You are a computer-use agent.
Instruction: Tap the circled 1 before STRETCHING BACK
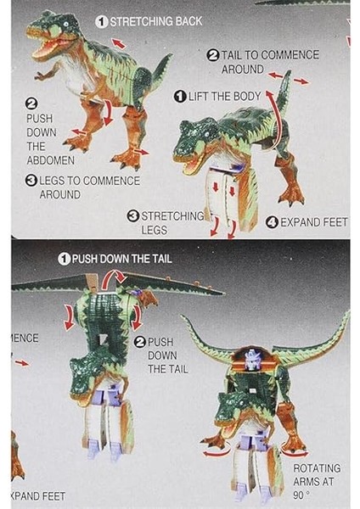(101, 21)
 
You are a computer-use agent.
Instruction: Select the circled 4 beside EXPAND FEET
(271, 222)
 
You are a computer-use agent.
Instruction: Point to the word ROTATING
(317, 468)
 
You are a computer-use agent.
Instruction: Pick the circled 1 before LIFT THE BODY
(180, 96)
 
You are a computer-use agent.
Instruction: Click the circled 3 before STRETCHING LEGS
(133, 216)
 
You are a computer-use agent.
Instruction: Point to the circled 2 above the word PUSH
(32, 103)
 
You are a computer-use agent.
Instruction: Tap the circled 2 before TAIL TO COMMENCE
(213, 55)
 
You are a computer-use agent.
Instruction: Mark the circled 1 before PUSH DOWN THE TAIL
(64, 259)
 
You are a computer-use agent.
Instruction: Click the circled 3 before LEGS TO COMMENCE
(31, 181)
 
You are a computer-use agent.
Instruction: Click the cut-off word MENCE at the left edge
(25, 338)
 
